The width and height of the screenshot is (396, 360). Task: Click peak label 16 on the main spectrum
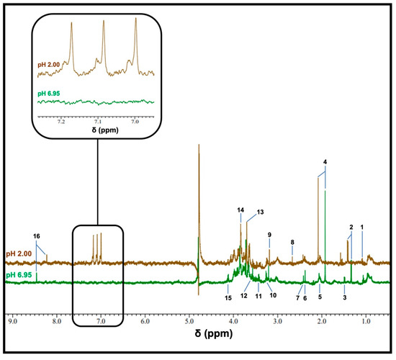click(x=36, y=236)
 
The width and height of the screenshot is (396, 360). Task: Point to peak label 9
click(x=269, y=235)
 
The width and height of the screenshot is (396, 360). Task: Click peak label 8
click(x=292, y=243)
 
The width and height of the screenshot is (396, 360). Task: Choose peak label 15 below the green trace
click(x=228, y=298)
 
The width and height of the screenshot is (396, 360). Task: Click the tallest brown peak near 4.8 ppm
click(x=198, y=147)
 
